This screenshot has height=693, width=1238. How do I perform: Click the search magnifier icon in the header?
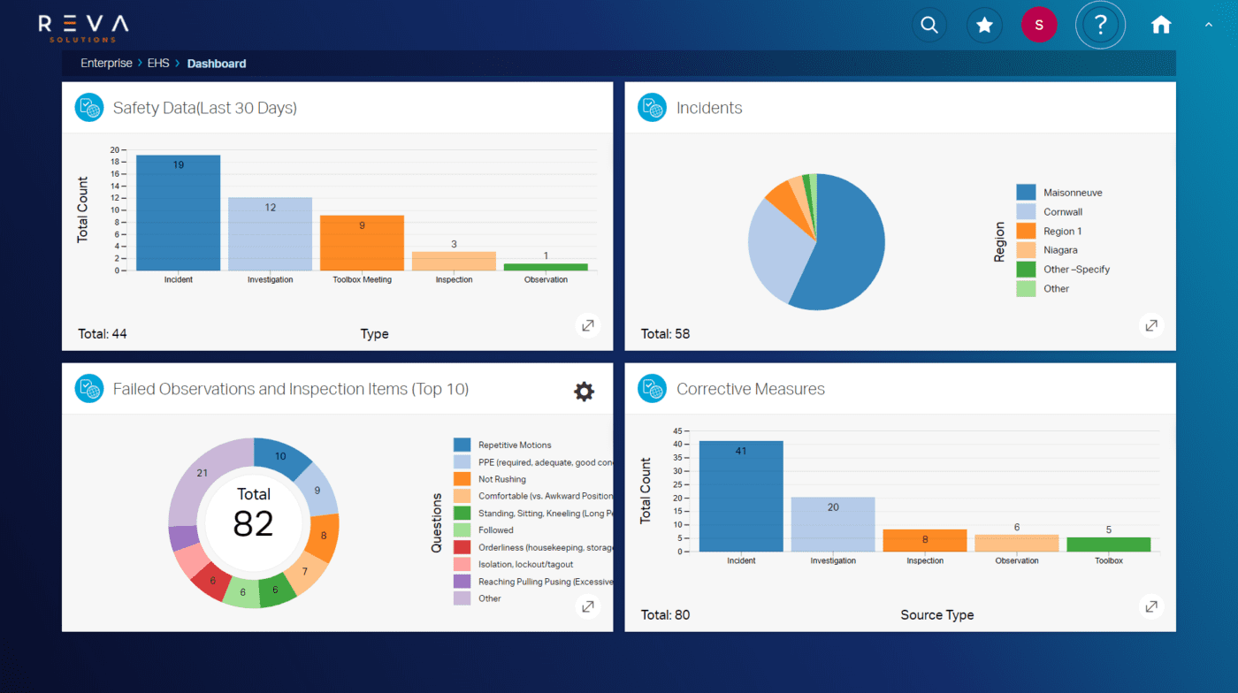coord(928,25)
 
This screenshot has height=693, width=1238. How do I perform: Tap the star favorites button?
coord(983,25)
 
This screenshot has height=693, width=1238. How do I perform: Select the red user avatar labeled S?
coord(1039,25)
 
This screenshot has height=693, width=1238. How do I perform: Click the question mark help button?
coord(1100,25)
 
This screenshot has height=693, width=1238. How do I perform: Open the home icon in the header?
coord(1161,25)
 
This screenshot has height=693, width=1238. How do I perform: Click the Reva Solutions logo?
coord(83,27)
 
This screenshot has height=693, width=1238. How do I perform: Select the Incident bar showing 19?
coord(178,213)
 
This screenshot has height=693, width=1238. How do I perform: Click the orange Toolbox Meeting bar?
coord(362,243)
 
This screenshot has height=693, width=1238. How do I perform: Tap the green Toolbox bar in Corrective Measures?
coord(1109,544)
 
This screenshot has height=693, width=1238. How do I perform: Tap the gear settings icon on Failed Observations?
coord(584,392)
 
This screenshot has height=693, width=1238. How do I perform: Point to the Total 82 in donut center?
coord(253,514)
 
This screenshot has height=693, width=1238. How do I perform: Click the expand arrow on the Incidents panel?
coord(1150,325)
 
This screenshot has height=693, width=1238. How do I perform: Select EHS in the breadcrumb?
coord(158,64)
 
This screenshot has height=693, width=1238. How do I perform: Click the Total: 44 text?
coord(103,334)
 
